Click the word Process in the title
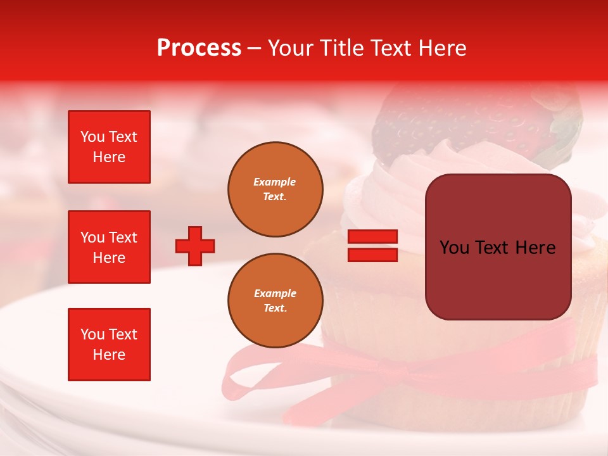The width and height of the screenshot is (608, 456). pyautogui.click(x=199, y=48)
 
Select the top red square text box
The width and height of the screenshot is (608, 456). pyautogui.click(x=109, y=147)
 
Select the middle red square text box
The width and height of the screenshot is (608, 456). pyautogui.click(x=109, y=247)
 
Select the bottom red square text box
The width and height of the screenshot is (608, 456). pyautogui.click(x=109, y=345)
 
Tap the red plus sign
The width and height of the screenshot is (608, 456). pyautogui.click(x=195, y=246)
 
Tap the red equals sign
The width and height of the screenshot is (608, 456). pyautogui.click(x=372, y=246)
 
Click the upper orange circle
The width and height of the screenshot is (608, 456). pyautogui.click(x=275, y=189)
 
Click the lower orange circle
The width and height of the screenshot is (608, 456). pyautogui.click(x=275, y=301)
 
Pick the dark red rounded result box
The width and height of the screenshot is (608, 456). pyautogui.click(x=498, y=247)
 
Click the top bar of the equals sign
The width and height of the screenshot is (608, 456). pyautogui.click(x=372, y=237)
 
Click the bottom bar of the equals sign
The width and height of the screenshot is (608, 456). pyautogui.click(x=372, y=255)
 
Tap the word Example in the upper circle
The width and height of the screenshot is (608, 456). pyautogui.click(x=274, y=182)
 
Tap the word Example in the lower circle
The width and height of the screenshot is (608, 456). pyautogui.click(x=275, y=293)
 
